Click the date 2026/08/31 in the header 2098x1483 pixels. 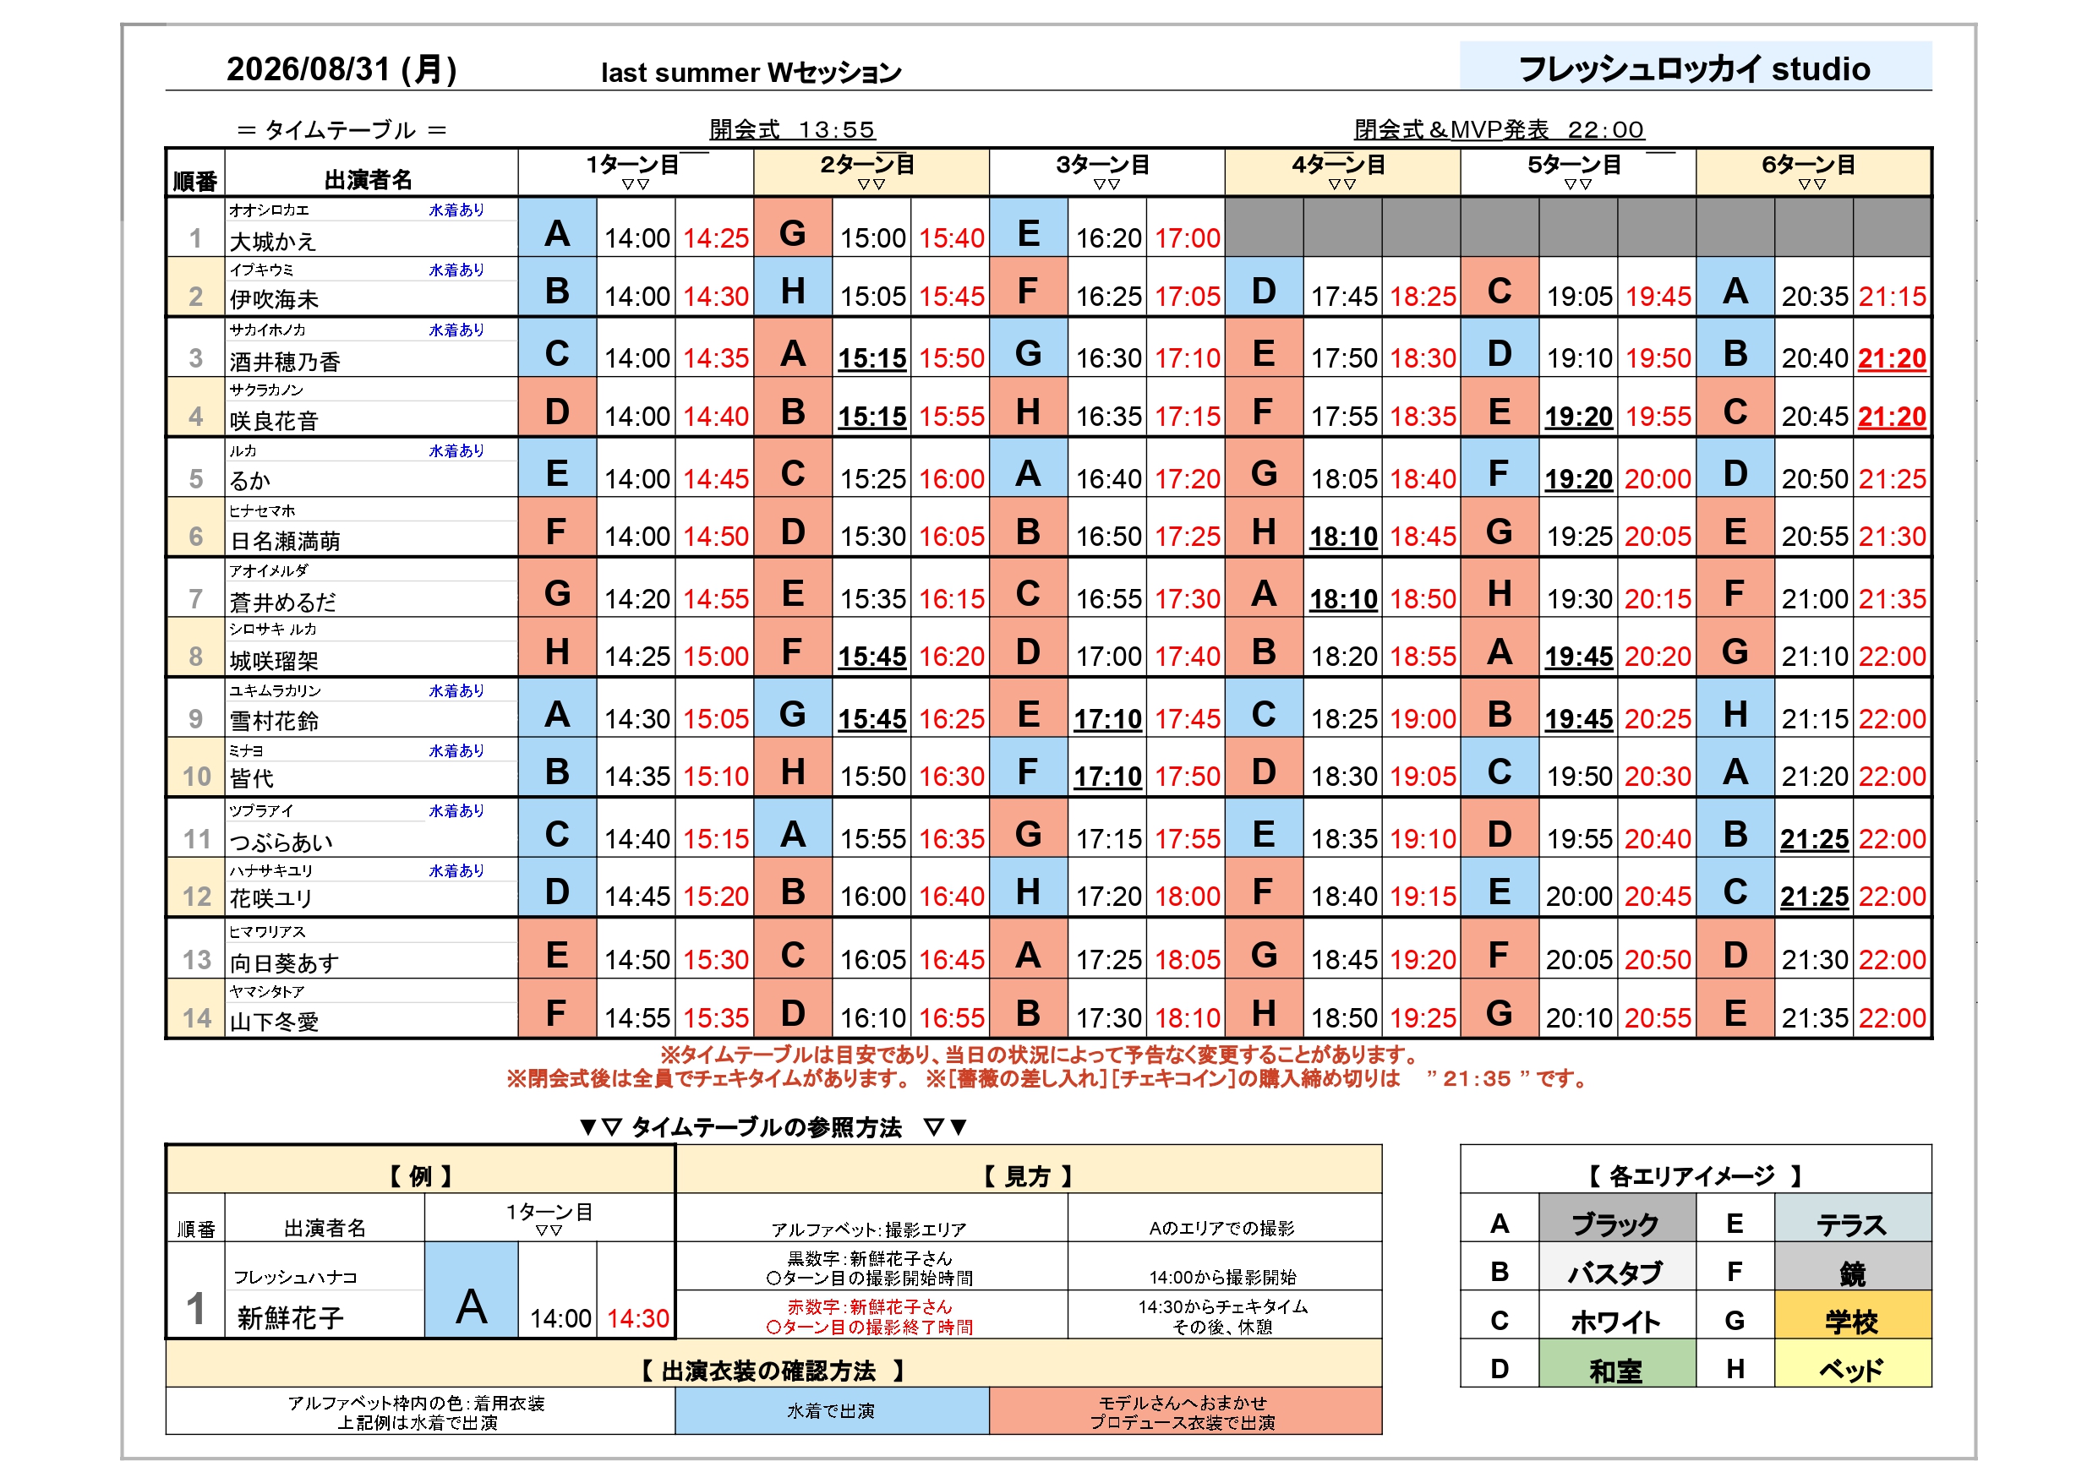point(308,69)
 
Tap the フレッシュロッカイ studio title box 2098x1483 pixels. point(1695,66)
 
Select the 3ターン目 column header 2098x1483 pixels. point(1106,172)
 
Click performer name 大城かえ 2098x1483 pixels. point(272,241)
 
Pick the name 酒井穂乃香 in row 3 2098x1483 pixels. point(284,362)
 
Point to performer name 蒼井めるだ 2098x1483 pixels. point(282,602)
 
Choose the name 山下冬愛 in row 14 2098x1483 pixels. point(273,1022)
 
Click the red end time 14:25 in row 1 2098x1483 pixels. point(715,238)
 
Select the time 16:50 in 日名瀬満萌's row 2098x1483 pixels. point(1108,537)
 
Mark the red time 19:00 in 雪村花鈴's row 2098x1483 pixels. point(1423,719)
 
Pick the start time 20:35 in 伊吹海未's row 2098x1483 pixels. point(1815,296)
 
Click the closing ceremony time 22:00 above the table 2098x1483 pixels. point(1605,130)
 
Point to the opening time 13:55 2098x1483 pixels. point(836,130)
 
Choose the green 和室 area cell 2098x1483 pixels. point(1616,1364)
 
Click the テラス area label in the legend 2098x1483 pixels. point(1851,1224)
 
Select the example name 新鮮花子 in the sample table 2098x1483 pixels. point(291,1317)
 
